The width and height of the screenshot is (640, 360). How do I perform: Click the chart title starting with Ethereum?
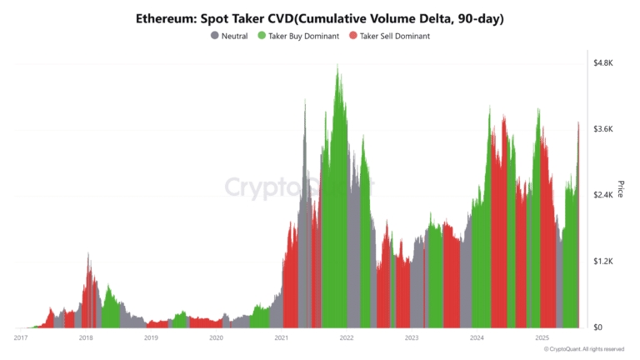(320, 18)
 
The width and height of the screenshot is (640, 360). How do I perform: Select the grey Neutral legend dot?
(215, 36)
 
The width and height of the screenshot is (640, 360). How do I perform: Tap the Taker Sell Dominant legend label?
(396, 36)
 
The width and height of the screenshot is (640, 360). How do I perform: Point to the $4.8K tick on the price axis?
(603, 63)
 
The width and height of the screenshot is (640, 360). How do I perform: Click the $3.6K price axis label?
(603, 129)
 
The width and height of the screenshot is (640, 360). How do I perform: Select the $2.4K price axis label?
(603, 195)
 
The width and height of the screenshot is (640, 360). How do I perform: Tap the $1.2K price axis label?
(603, 261)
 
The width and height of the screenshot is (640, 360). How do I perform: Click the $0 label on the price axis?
(599, 327)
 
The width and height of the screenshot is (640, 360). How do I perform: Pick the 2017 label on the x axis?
(21, 337)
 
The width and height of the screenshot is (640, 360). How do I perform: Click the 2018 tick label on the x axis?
(86, 337)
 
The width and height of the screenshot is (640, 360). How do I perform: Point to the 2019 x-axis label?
(151, 337)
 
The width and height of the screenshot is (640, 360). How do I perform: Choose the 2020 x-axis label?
(216, 337)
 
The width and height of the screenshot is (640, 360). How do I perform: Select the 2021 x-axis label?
(281, 337)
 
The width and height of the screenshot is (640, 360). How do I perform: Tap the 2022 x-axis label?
(346, 337)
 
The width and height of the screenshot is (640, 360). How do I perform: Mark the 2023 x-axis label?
(411, 337)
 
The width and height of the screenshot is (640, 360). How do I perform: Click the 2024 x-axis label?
(477, 337)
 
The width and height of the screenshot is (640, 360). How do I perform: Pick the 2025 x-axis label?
(542, 337)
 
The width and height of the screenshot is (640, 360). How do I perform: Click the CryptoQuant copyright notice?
(582, 349)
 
